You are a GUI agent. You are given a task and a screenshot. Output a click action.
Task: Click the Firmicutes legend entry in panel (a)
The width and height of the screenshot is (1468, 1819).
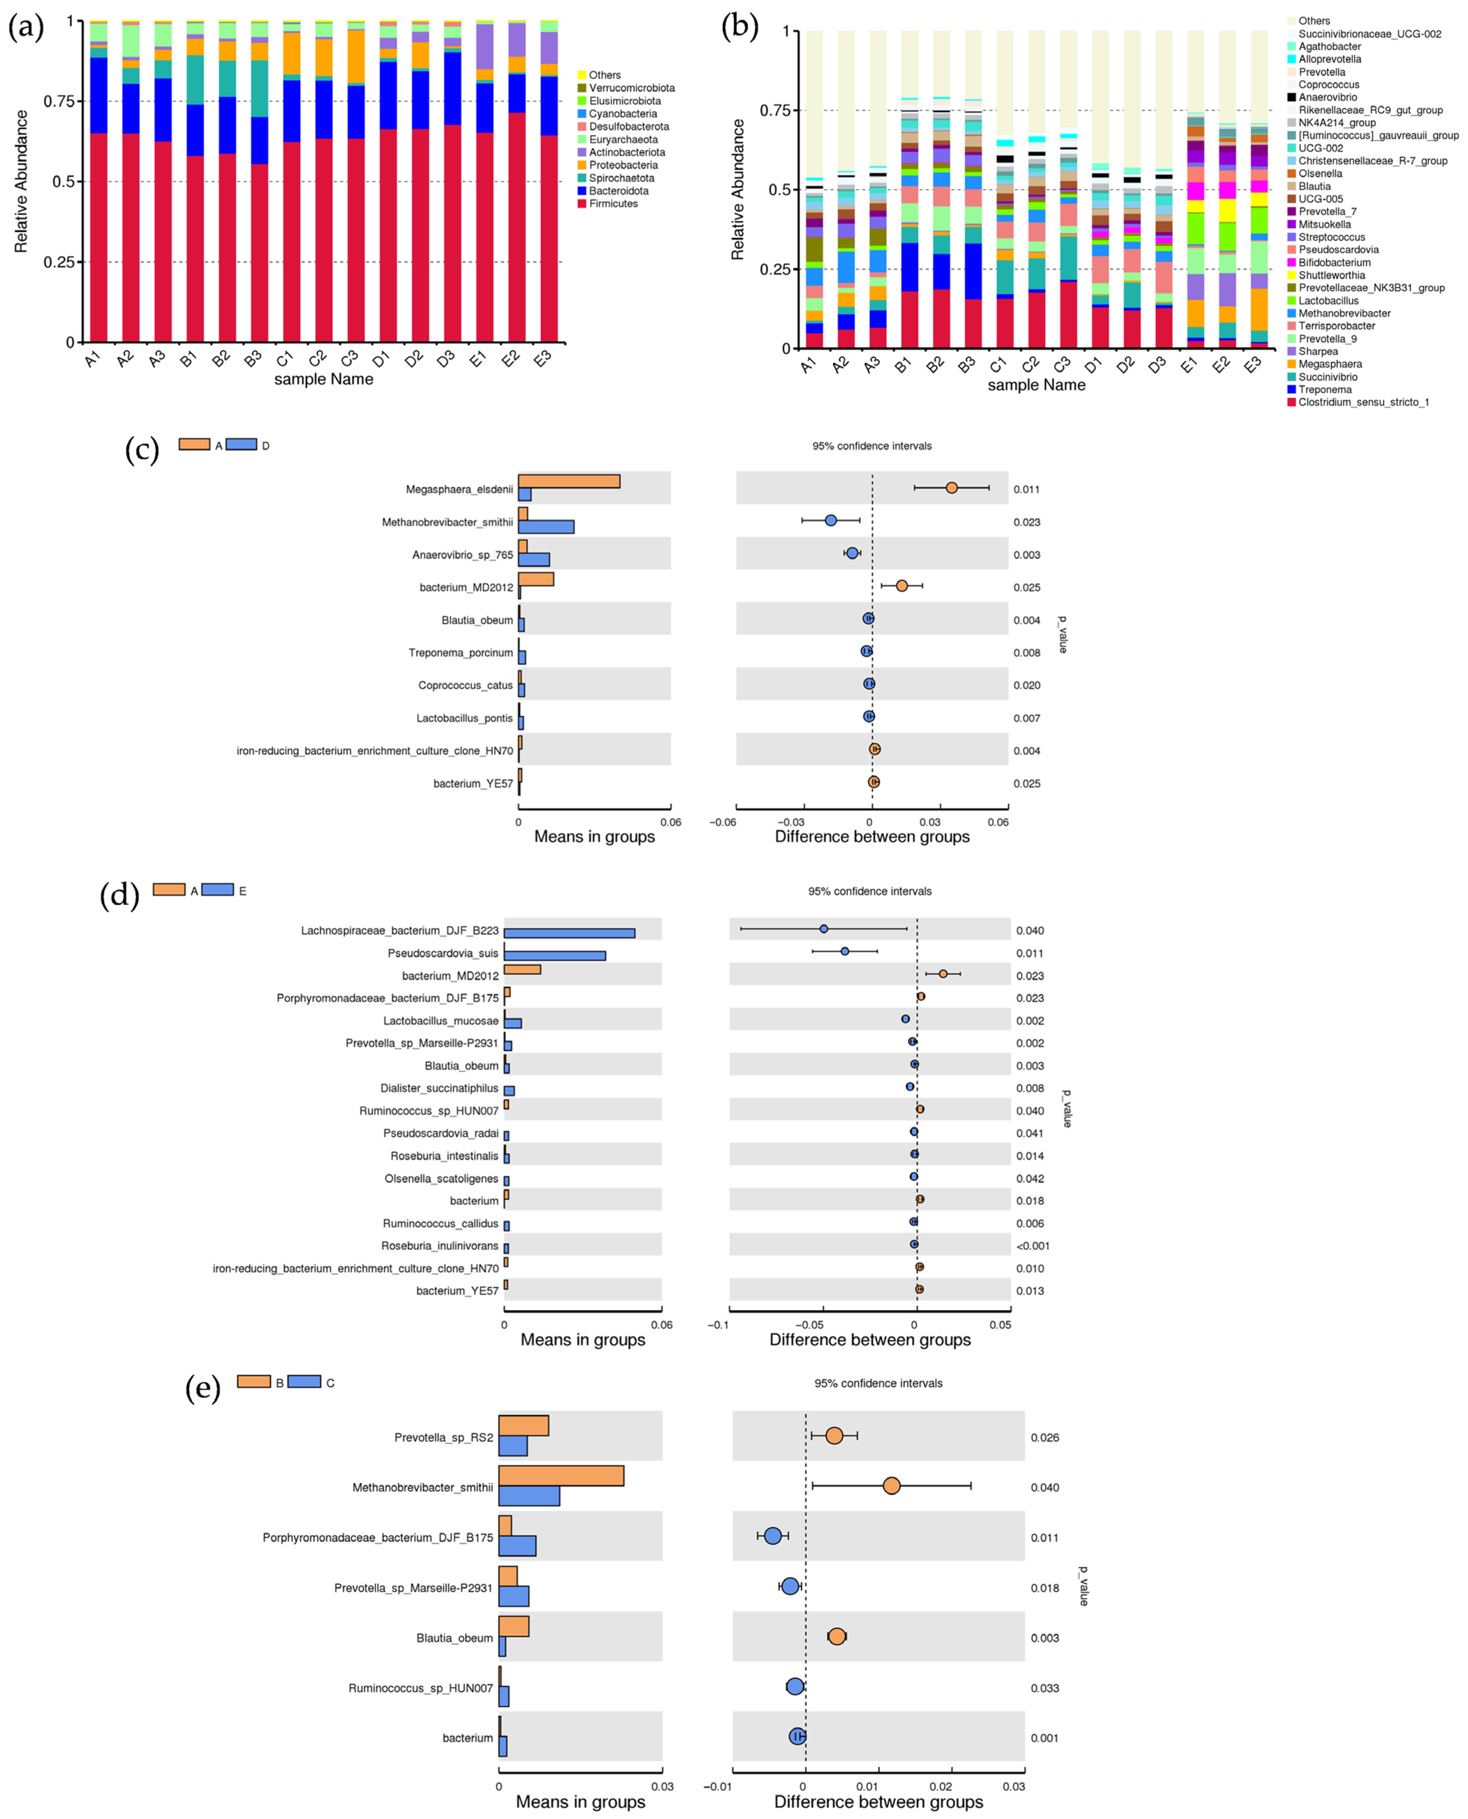(613, 204)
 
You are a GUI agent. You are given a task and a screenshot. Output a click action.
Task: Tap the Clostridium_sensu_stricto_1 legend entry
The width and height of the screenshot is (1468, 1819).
(1363, 402)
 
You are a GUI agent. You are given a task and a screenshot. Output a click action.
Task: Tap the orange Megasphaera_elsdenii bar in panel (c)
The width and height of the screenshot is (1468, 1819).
(569, 481)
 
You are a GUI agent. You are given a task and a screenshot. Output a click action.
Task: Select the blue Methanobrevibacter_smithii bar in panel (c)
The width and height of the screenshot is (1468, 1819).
(546, 526)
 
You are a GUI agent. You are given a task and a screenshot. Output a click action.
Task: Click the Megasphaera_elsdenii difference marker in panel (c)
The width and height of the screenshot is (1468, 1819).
(951, 488)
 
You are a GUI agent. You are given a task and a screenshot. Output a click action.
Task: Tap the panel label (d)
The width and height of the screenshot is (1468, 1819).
(119, 894)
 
